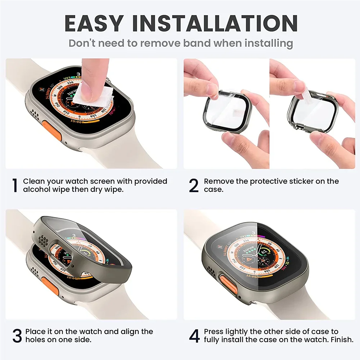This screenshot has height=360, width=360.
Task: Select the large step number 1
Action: point(14,185)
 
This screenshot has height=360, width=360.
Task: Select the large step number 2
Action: point(194,185)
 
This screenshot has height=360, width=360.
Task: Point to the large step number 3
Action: point(17,336)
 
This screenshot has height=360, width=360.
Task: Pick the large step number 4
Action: point(194,336)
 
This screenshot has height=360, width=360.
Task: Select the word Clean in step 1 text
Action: point(33,181)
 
